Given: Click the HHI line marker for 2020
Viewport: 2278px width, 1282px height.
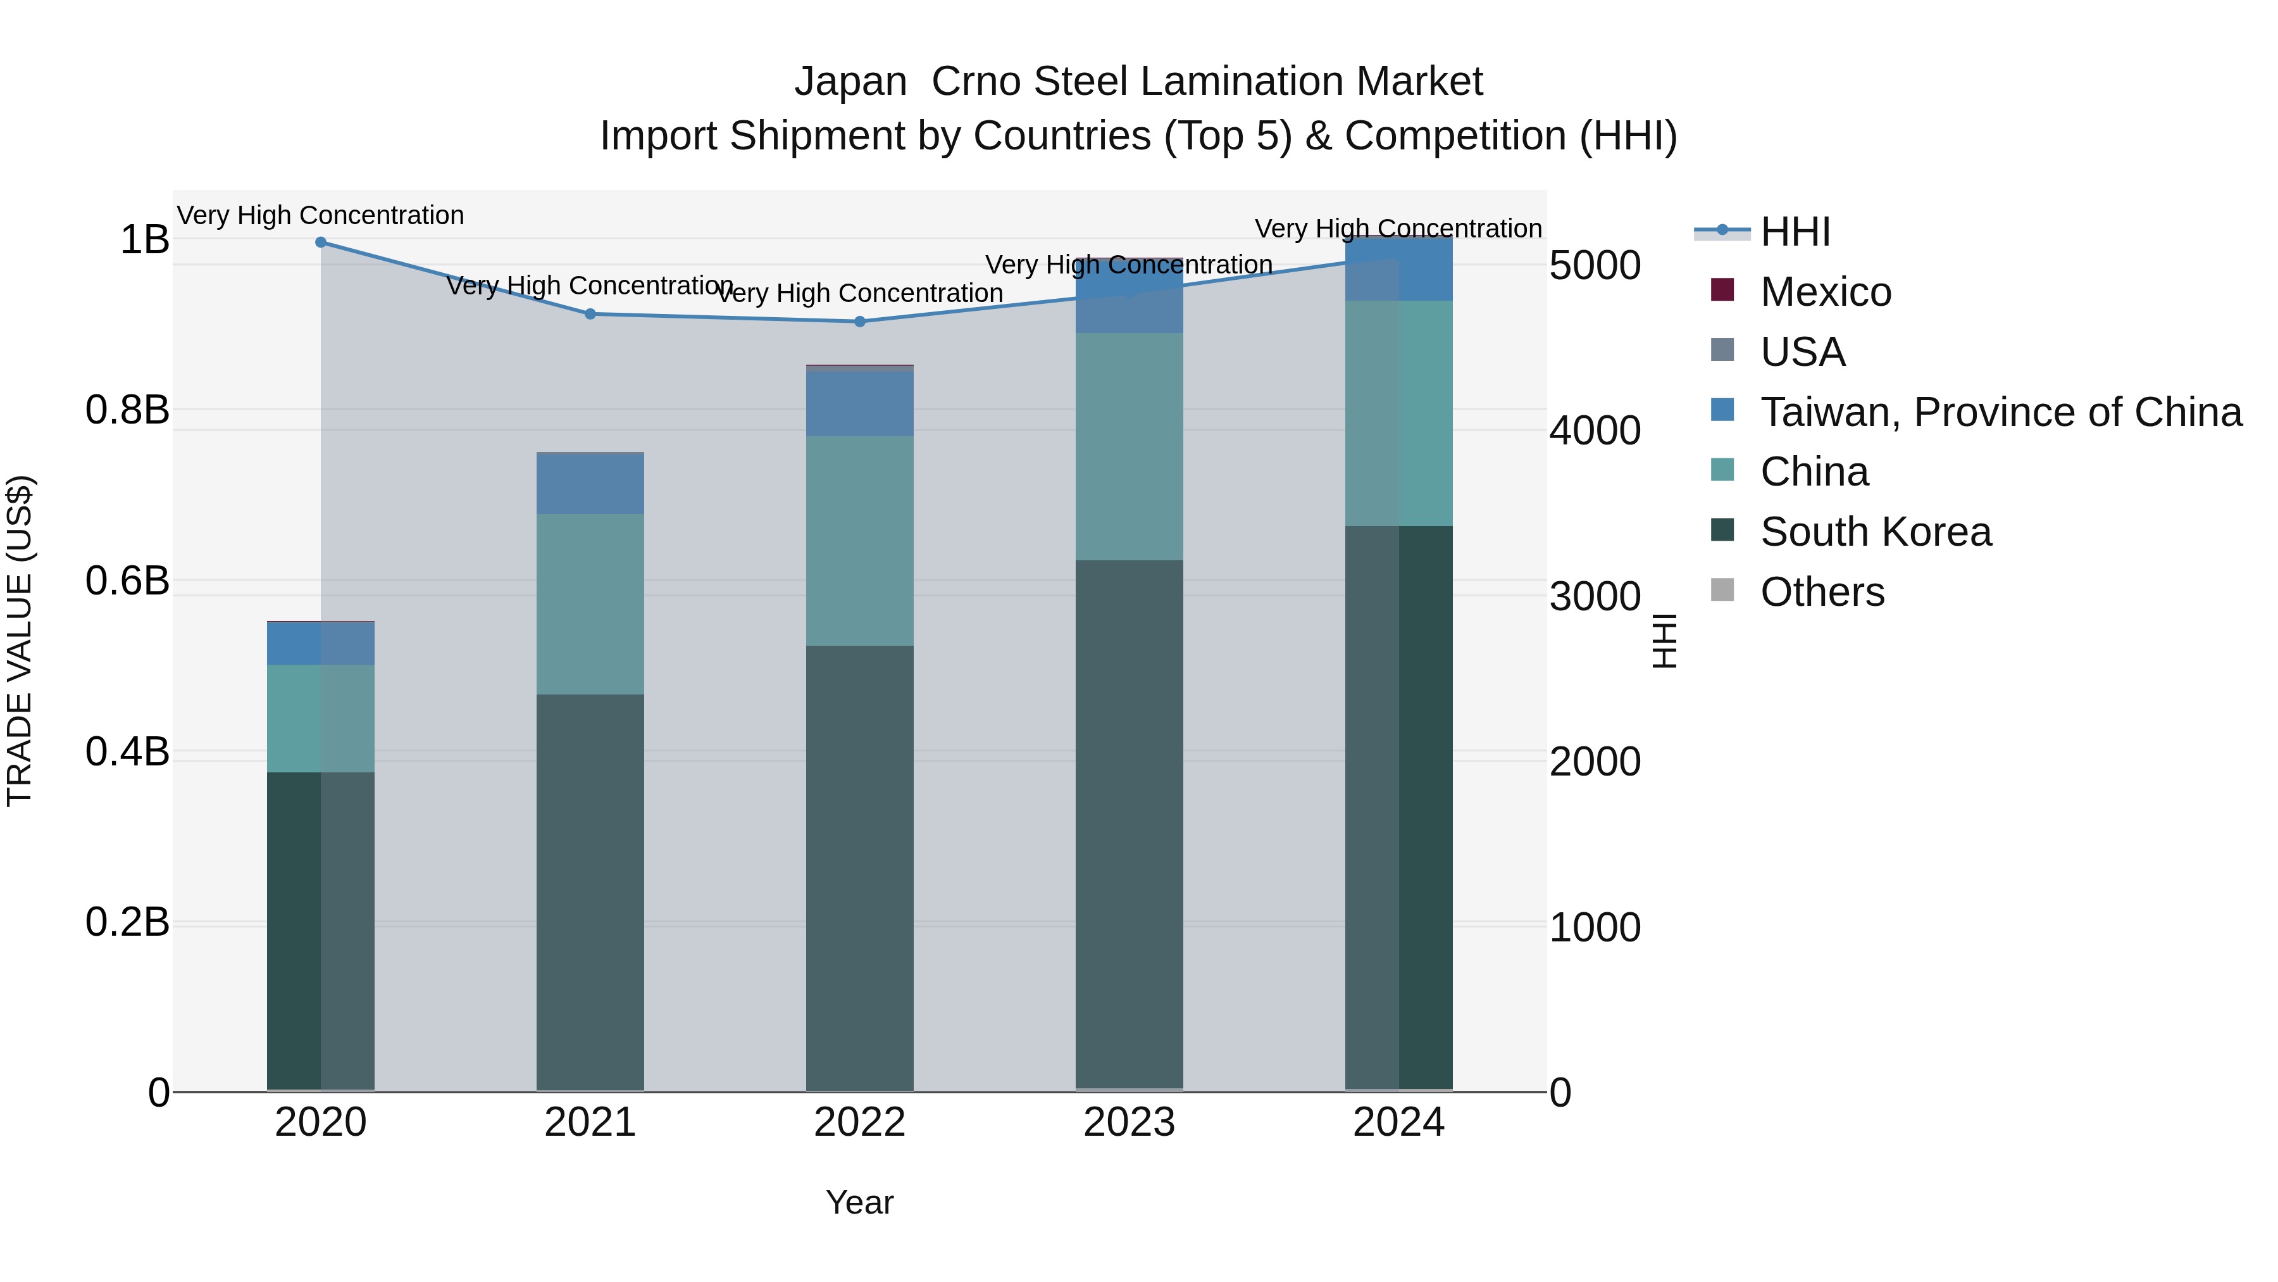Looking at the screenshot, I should pyautogui.click(x=321, y=242).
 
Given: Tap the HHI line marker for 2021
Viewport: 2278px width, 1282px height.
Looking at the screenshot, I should pyautogui.click(x=591, y=314).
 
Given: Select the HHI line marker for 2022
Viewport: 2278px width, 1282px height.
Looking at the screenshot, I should pyautogui.click(x=859, y=322).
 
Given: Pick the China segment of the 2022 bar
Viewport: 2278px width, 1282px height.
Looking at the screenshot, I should pyautogui.click(x=859, y=541).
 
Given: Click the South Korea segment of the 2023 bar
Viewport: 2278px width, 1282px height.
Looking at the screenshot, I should pyautogui.click(x=1130, y=823).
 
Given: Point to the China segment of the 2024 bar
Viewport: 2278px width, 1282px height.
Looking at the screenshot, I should pyautogui.click(x=1399, y=413).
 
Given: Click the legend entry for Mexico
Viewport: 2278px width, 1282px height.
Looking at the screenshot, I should pyautogui.click(x=1825, y=292).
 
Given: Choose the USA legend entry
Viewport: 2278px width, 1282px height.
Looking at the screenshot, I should pyautogui.click(x=1802, y=352).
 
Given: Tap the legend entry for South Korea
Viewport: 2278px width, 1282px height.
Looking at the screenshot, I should pyautogui.click(x=1875, y=532).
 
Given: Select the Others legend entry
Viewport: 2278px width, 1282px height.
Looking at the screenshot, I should pyautogui.click(x=1822, y=592).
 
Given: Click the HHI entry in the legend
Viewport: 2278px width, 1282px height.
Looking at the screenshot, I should pyautogui.click(x=1795, y=232).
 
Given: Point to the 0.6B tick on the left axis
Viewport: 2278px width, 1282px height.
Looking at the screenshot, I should pyautogui.click(x=127, y=581).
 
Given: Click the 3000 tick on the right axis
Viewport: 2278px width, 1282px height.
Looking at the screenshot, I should pyautogui.click(x=1595, y=596).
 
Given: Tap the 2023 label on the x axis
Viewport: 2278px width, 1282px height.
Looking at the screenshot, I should pyautogui.click(x=1130, y=1122).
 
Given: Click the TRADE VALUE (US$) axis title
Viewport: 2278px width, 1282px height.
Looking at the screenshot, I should pyautogui.click(x=20, y=641).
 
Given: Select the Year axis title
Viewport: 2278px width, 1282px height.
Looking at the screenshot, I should pyautogui.click(x=859, y=1202).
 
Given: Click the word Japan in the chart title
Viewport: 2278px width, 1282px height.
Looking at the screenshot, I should pyautogui.click(x=850, y=82).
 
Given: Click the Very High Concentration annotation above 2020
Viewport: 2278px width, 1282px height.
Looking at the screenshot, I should pyautogui.click(x=321, y=215).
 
